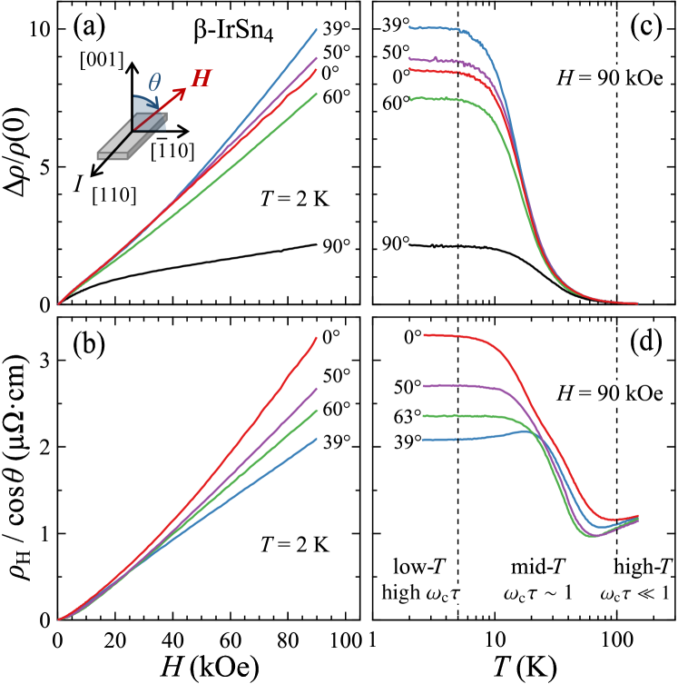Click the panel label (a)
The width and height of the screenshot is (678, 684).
90,27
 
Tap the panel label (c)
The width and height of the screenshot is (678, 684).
646,27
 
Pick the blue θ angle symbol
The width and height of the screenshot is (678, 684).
154,83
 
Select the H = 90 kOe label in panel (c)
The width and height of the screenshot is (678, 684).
610,78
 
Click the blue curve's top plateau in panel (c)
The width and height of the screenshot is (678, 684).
436,28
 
